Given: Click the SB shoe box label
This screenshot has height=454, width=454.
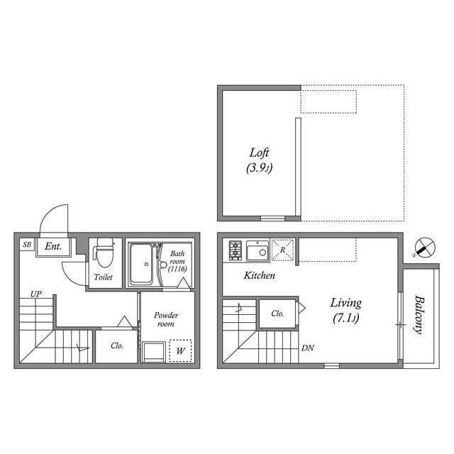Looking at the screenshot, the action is pos(27,244).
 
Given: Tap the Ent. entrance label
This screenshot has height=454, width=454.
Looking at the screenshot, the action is pos(53,246).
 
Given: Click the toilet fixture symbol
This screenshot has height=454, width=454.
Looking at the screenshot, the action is pos(104,253).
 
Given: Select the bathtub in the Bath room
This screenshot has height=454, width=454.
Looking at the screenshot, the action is pos(141,264).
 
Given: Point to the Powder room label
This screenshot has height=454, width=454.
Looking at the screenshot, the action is pos(166,319).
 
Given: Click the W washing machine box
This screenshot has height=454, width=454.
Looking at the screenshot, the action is pos(180,350).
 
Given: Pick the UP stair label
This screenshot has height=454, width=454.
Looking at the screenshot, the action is pos(36,294).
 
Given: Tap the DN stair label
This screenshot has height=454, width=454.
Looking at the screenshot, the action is pos(307,348).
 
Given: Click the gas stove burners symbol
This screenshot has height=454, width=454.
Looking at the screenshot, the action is pos(235,250).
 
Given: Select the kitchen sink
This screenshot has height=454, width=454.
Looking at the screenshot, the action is pos(258,250).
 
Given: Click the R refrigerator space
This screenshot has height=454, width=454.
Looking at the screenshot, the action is pos(283,250).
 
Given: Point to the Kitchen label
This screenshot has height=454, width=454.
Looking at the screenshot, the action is pos(260,275).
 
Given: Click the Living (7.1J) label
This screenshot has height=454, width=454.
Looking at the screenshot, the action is pos(346,311).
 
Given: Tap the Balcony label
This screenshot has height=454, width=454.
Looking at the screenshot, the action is pos(419,314).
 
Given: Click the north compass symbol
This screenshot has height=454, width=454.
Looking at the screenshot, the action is pos(424,248).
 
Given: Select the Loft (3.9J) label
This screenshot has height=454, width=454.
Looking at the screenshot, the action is pos(260,160).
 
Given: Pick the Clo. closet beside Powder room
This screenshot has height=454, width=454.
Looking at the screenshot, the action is pos(116,346).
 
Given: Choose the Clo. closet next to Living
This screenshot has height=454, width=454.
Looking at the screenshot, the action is pos(277,314).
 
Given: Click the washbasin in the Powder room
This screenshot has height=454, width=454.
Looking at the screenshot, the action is pos(154,352).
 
